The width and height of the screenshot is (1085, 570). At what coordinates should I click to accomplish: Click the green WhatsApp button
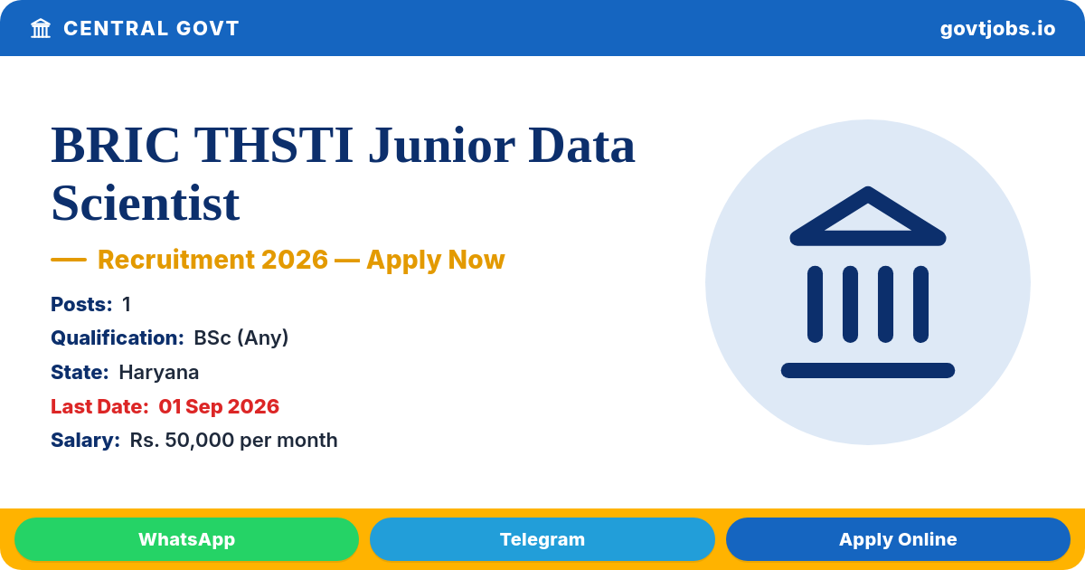(x=186, y=539)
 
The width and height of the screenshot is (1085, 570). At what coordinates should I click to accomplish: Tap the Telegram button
(x=542, y=539)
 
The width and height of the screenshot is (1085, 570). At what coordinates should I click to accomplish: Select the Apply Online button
(x=898, y=539)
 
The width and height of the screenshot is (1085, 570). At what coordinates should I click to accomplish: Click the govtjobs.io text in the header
(x=998, y=29)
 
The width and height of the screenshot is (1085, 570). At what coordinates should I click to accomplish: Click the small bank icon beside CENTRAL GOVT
(x=41, y=28)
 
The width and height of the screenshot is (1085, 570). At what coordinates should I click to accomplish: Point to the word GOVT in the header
(x=208, y=28)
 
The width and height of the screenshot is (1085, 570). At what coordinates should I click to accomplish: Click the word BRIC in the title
(x=116, y=146)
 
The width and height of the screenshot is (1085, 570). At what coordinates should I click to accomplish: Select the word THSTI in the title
(x=274, y=146)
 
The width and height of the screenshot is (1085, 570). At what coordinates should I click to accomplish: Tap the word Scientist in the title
(x=146, y=203)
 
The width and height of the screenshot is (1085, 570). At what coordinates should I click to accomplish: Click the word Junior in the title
(x=442, y=146)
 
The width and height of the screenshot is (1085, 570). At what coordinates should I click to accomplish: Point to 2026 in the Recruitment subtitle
(x=295, y=260)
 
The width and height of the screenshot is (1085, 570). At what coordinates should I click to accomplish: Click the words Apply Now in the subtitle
(x=436, y=260)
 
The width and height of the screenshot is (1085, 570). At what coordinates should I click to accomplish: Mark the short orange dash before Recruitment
(x=69, y=260)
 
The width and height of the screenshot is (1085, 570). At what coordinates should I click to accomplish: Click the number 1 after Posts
(x=127, y=304)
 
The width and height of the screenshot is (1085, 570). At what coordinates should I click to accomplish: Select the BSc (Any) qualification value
(x=241, y=337)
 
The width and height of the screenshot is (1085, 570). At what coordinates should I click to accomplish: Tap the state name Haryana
(x=159, y=372)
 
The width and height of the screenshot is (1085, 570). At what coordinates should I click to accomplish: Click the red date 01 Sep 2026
(x=219, y=406)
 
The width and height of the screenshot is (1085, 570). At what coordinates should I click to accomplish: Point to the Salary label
(x=85, y=440)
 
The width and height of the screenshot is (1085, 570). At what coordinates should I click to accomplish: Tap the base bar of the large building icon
(x=868, y=370)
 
